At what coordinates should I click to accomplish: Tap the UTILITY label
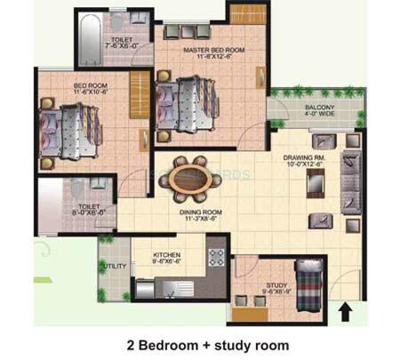coord(113,266)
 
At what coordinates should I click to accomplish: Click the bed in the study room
coord(308,284)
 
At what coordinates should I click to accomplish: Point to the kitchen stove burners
coord(214,259)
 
